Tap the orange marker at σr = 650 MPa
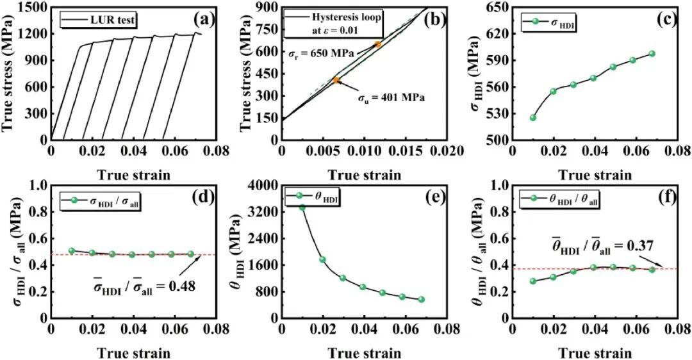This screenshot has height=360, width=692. tap(378, 44)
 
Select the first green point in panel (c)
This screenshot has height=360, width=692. tap(532, 117)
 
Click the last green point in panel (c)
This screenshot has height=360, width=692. tap(652, 54)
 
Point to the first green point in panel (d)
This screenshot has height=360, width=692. tap(72, 250)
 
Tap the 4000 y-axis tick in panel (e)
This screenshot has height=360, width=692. tap(263, 185)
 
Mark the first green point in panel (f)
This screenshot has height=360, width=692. tap(533, 281)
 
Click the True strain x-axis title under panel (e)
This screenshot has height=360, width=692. tap(365, 352)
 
